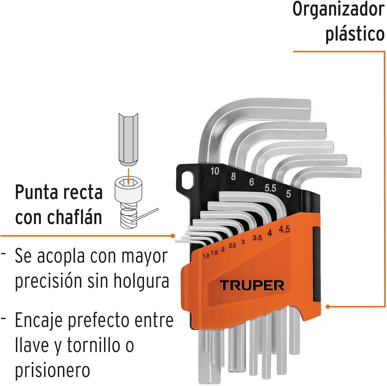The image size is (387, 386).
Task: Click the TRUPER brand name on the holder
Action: coord(252,285)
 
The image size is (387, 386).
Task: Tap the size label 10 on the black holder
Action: coord(215,171)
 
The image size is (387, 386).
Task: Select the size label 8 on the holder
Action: coord(233,176)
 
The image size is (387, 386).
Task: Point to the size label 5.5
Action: coord(270,188)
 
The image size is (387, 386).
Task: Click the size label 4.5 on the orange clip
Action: coord(284,229)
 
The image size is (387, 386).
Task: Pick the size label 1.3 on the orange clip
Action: coord(206,256)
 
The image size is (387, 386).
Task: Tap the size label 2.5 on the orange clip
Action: coord(232,246)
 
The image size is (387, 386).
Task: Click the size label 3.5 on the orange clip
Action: coord(257,238)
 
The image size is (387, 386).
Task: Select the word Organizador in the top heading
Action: coord(338,10)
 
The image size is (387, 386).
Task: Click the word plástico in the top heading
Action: coord(355,34)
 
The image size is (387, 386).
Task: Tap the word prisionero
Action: coord(52,371)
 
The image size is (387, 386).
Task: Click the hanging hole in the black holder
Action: coord(187,179)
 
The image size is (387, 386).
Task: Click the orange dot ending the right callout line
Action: coord(328,307)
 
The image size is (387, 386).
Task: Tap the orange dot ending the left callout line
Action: coord(173,236)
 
